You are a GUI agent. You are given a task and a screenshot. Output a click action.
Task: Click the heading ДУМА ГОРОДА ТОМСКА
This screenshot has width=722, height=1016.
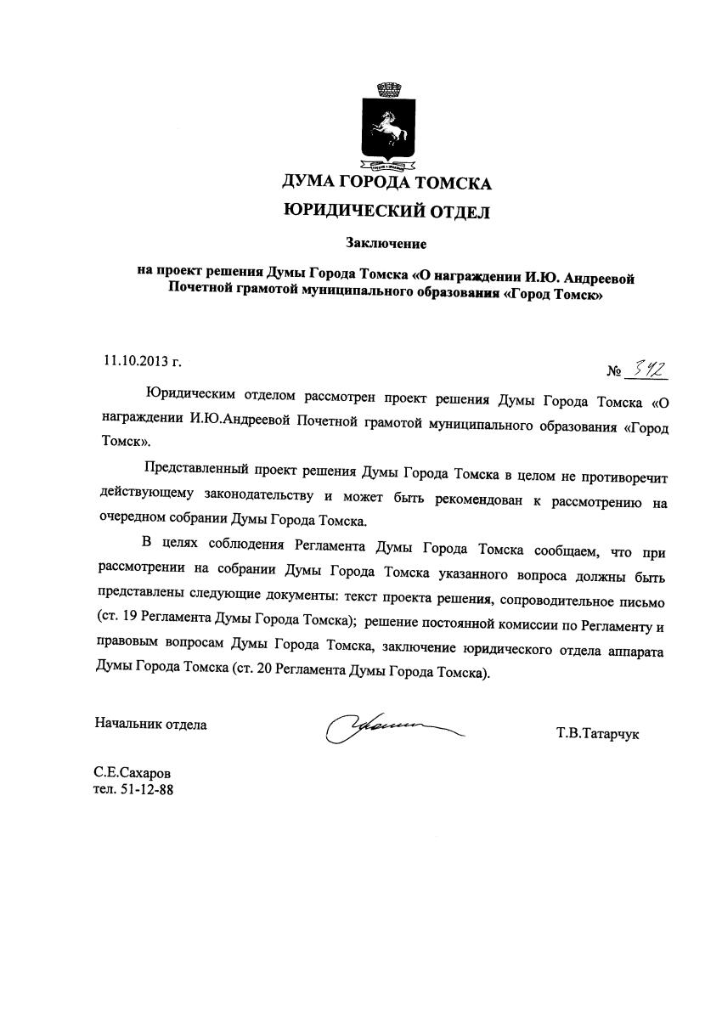click(x=386, y=183)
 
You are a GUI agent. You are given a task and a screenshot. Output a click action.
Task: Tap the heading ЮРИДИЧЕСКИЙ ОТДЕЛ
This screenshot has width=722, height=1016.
click(x=386, y=212)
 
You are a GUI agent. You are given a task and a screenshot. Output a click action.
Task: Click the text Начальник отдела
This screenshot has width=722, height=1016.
click(x=150, y=725)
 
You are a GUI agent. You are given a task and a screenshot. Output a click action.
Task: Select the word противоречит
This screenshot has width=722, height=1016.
click(x=620, y=469)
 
